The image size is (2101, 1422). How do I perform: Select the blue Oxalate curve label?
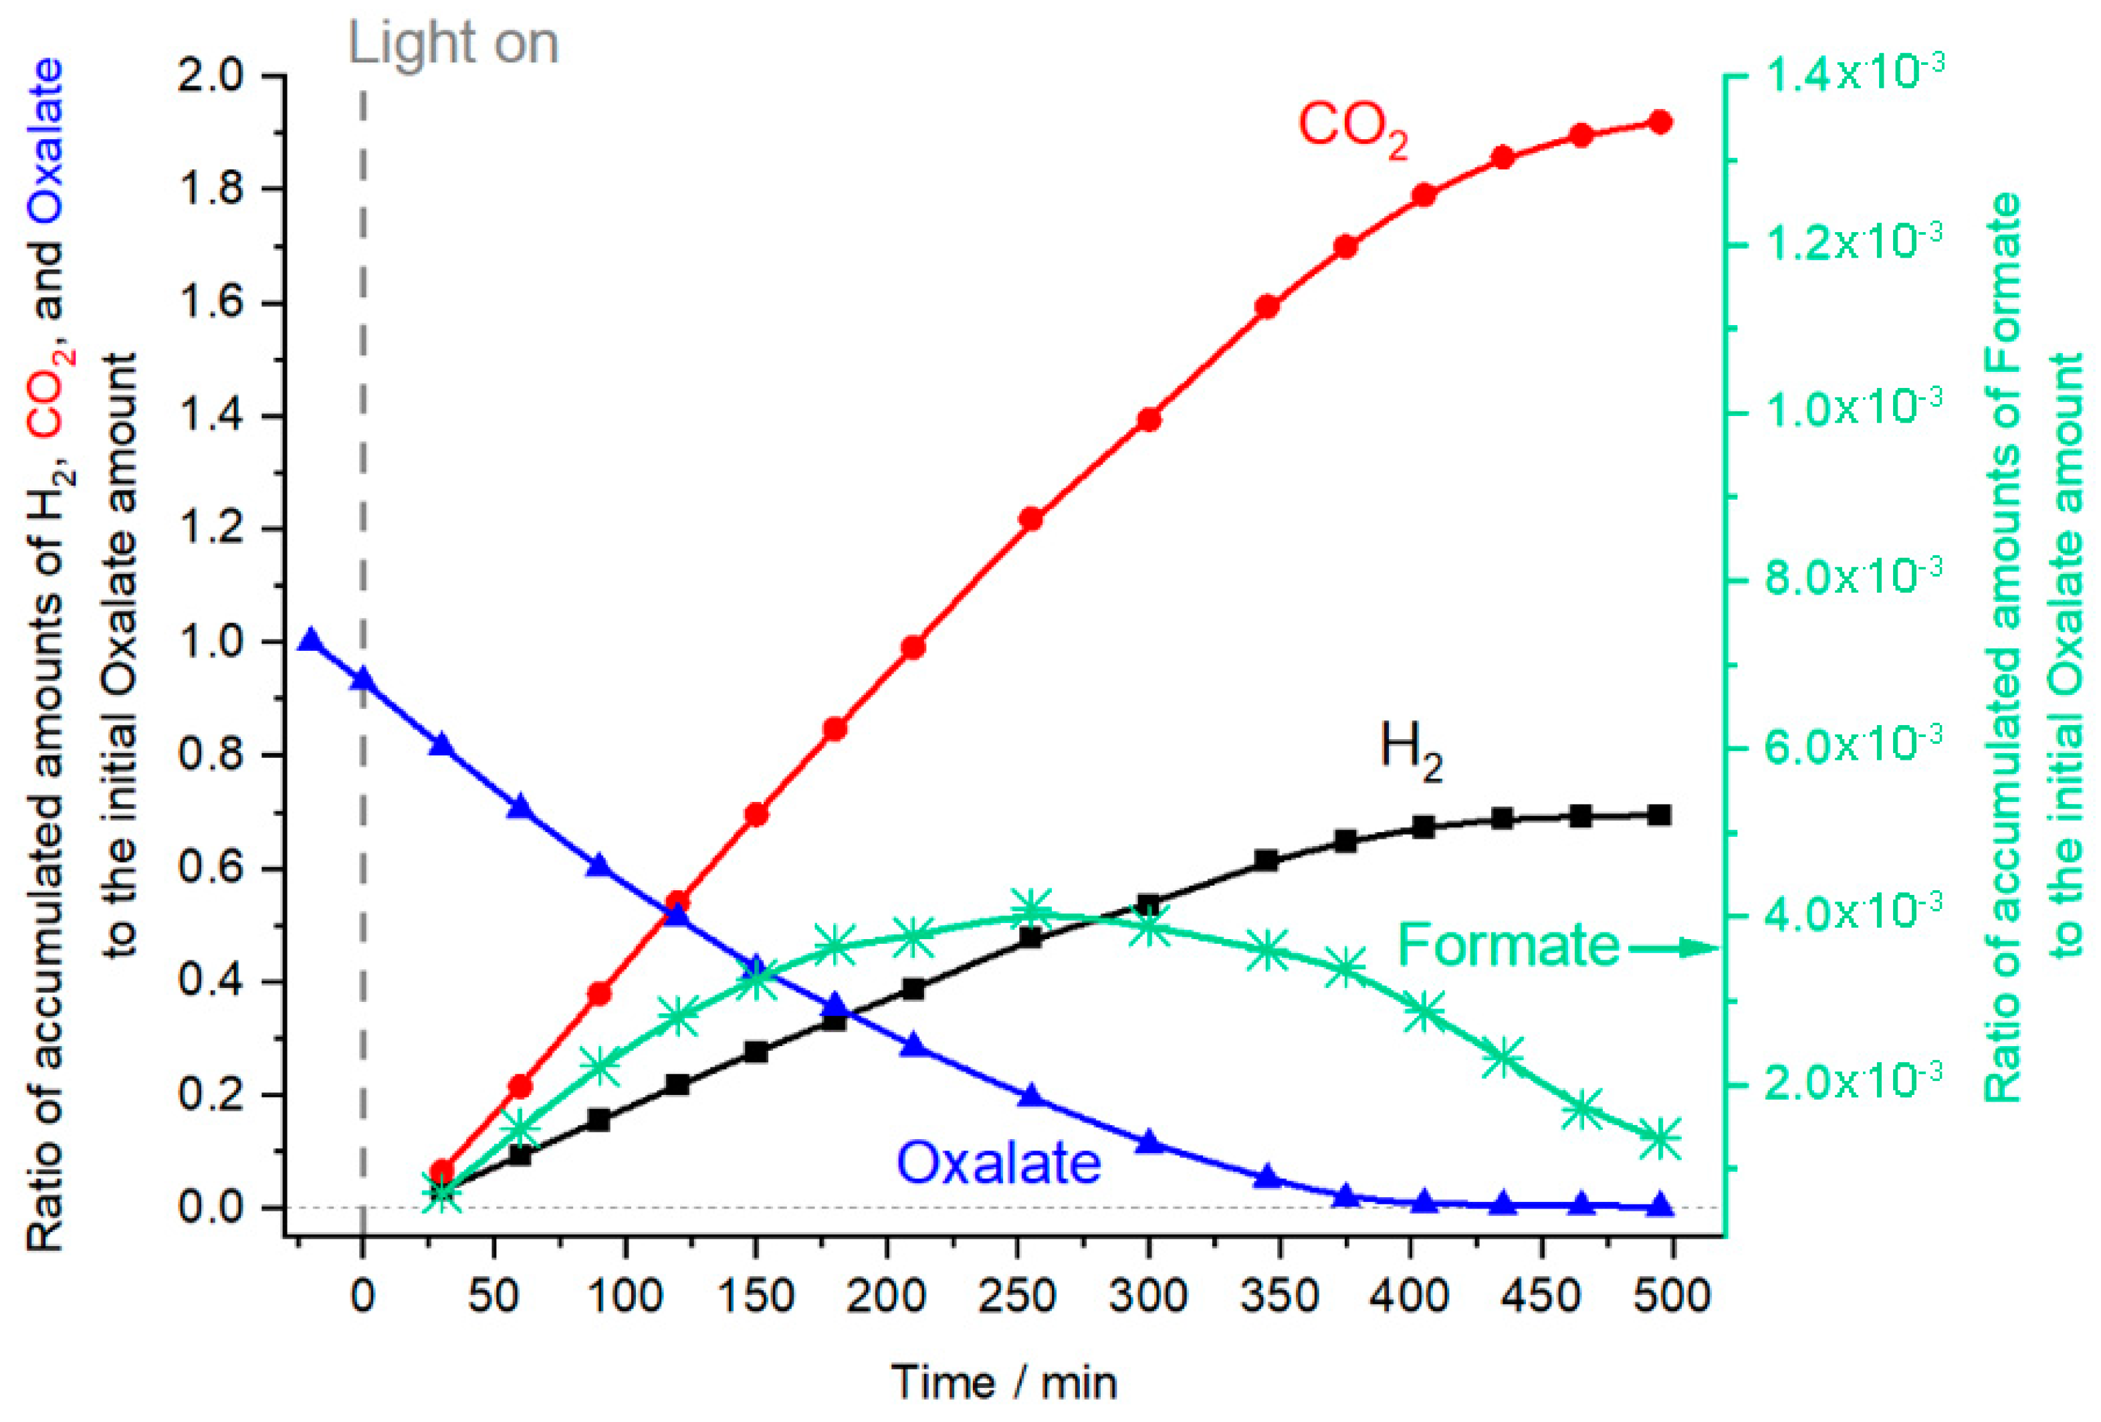[x=998, y=1162]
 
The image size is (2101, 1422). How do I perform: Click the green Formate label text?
[x=1509, y=946]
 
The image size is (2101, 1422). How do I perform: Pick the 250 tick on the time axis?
[x=1017, y=1296]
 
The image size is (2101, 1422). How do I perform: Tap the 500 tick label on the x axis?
[x=1672, y=1296]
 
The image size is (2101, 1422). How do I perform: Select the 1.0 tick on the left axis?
[x=211, y=643]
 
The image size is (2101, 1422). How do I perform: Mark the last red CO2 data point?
[x=1660, y=122]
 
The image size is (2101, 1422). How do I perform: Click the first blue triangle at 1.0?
[x=311, y=641]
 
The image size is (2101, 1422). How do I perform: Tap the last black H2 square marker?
[x=1660, y=815]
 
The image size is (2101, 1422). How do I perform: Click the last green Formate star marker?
[x=1660, y=1139]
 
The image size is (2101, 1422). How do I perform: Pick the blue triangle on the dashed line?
[x=363, y=678]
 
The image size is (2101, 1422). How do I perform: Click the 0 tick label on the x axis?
[x=362, y=1296]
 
